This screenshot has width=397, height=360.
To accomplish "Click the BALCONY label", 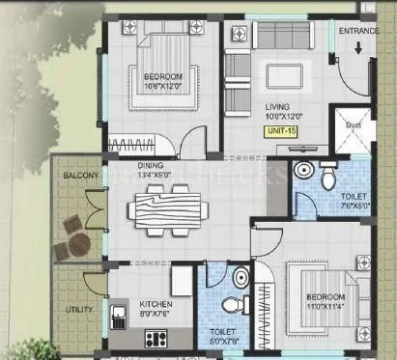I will [80, 176].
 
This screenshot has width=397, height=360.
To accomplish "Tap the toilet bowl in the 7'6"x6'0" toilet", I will [327, 177].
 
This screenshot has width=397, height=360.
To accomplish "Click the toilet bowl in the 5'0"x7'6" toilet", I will [232, 305].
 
